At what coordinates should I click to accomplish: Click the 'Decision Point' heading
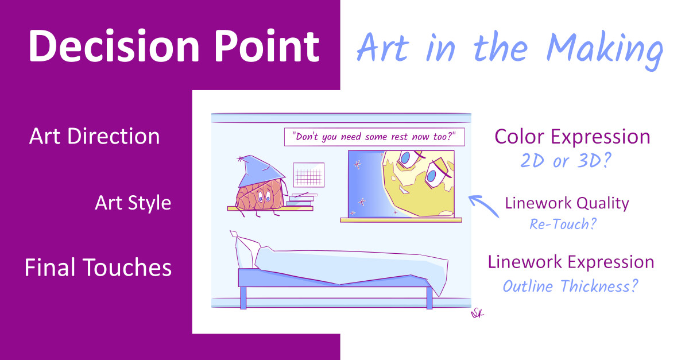coord(174,46)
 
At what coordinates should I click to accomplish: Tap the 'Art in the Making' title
coord(510,49)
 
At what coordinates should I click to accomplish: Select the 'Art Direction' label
coord(94,136)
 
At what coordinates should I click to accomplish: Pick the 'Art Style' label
coord(133,203)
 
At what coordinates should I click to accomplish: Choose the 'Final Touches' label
coord(98,267)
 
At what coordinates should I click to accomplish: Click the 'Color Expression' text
coord(572,137)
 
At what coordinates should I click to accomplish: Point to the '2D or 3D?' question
coord(566,160)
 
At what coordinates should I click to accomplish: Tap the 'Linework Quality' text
coord(567,203)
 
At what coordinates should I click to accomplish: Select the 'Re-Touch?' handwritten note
coord(563,224)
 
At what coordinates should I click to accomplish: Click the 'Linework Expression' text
coord(571,262)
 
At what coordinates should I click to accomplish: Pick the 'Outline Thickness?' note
coord(570,286)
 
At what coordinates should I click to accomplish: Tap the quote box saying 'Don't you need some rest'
coord(374,137)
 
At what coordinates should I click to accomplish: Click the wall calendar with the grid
coord(308,175)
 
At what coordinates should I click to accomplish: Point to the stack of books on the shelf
coord(301,200)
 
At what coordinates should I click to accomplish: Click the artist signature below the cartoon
coord(477,313)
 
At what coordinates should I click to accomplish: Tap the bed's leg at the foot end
coord(429,298)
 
